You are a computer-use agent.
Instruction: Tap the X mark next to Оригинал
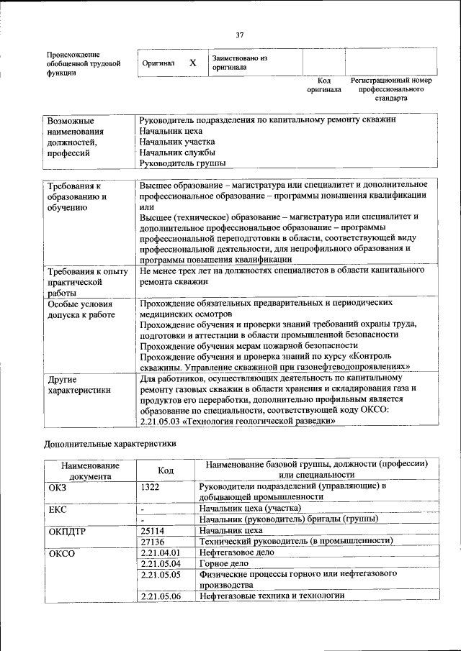(193, 63)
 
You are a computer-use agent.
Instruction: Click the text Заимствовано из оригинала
(239, 63)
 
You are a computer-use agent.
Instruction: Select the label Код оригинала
(323, 85)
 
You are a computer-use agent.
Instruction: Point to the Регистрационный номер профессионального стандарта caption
(390, 89)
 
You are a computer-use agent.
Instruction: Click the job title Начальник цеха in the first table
(171, 131)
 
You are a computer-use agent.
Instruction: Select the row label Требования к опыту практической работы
(87, 282)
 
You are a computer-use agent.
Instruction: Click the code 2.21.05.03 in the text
(161, 421)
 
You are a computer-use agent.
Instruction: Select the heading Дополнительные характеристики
(110, 444)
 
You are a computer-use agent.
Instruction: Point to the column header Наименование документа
(90, 470)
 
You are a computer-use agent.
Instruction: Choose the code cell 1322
(150, 486)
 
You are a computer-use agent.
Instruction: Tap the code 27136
(153, 541)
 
